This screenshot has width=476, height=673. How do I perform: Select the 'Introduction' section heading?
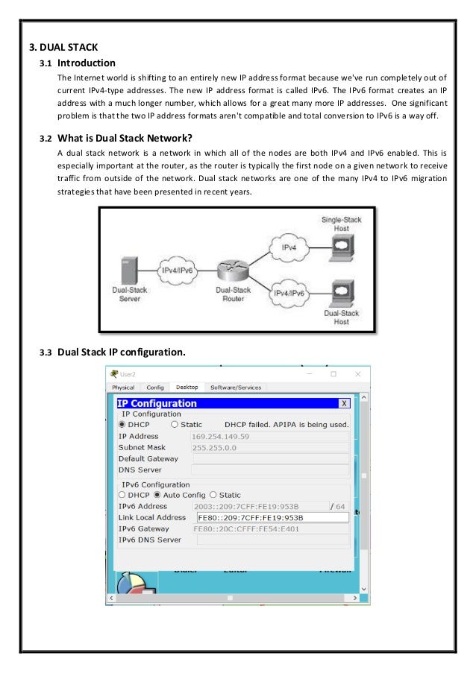(87, 63)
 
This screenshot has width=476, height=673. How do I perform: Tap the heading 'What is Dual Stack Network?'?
(125, 136)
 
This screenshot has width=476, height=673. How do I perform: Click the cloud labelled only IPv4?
(290, 246)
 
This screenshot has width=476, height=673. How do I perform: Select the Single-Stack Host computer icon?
(341, 247)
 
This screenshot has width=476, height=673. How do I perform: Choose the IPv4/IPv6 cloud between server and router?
(178, 270)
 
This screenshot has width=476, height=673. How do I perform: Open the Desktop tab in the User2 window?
(187, 387)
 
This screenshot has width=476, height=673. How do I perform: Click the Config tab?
(155, 387)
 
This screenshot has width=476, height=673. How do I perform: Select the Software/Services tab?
(236, 387)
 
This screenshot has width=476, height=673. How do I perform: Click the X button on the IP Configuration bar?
(344, 403)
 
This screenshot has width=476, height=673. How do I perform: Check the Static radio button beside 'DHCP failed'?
(174, 424)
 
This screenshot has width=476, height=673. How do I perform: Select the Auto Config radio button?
(157, 494)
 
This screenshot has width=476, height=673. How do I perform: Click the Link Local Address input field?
(272, 517)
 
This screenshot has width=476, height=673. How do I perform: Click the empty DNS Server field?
(269, 470)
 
